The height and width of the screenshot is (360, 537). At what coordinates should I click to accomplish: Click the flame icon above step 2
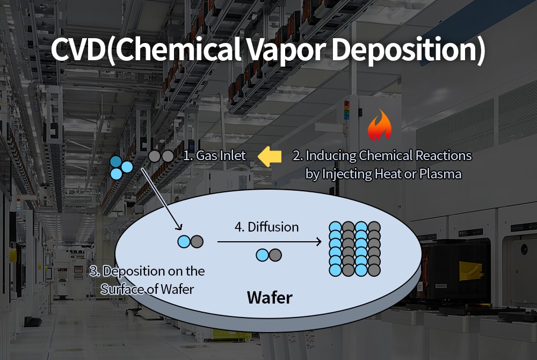pyautogui.click(x=379, y=126)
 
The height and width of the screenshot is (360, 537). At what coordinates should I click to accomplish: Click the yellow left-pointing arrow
pyautogui.click(x=270, y=156)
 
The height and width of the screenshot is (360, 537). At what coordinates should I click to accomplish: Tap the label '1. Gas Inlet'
pyautogui.click(x=214, y=156)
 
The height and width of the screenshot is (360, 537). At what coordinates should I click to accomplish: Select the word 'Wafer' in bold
pyautogui.click(x=270, y=297)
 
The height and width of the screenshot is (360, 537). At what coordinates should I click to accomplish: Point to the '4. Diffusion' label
pyautogui.click(x=266, y=227)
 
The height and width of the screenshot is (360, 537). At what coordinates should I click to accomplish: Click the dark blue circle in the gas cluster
pyautogui.click(x=115, y=161)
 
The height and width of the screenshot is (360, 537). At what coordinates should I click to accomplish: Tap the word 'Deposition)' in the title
pyautogui.click(x=408, y=49)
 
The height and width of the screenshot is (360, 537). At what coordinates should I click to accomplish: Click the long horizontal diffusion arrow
pyautogui.click(x=269, y=242)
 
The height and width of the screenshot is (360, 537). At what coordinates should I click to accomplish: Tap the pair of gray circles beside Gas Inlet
pyautogui.click(x=161, y=156)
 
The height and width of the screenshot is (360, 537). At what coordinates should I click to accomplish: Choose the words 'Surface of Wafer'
pyautogui.click(x=147, y=289)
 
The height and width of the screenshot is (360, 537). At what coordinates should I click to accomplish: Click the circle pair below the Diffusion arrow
pyautogui.click(x=268, y=255)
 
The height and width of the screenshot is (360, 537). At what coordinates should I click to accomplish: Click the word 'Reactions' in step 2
pyautogui.click(x=446, y=156)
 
